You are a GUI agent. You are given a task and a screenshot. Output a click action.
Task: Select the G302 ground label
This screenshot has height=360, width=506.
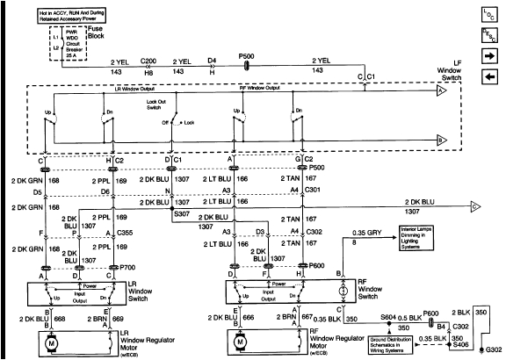pyautogui.click(x=495, y=349)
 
